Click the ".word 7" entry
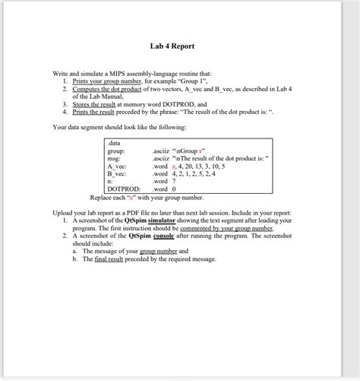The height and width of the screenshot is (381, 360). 165,181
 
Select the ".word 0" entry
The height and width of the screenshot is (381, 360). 165,189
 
